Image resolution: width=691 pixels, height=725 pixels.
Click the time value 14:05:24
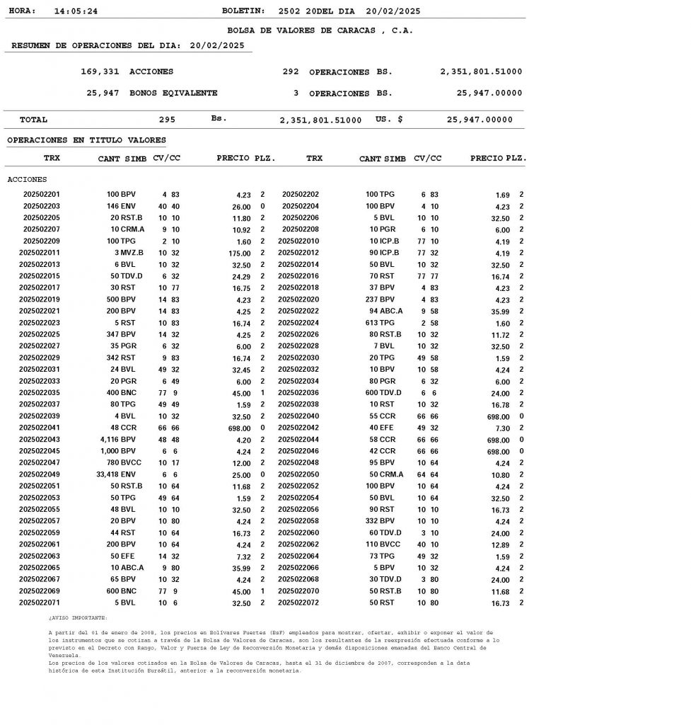pyautogui.click(x=76, y=11)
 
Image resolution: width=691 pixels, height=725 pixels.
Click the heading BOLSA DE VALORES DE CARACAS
pyautogui.click(x=320, y=30)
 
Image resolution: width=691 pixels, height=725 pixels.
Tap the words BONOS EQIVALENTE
pyautogui.click(x=173, y=93)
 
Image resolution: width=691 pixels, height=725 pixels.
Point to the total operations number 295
pyautogui.click(x=167, y=120)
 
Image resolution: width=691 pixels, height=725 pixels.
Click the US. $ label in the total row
pyautogui.click(x=389, y=120)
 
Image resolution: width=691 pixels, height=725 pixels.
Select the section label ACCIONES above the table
pyautogui.click(x=27, y=179)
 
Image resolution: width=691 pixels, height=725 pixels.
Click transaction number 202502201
pyautogui.click(x=42, y=194)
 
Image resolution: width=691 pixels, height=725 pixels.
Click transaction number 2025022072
pyautogui.click(x=298, y=603)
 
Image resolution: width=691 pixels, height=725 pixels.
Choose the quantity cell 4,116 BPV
pyautogui.click(x=119, y=440)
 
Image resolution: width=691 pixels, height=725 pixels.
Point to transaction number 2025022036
pyautogui.click(x=298, y=393)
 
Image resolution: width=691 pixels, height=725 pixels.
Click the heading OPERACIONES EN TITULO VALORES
pyautogui.click(x=86, y=140)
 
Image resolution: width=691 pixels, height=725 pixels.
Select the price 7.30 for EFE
pyautogui.click(x=500, y=428)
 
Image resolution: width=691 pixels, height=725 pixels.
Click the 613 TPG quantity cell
pyautogui.click(x=381, y=323)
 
